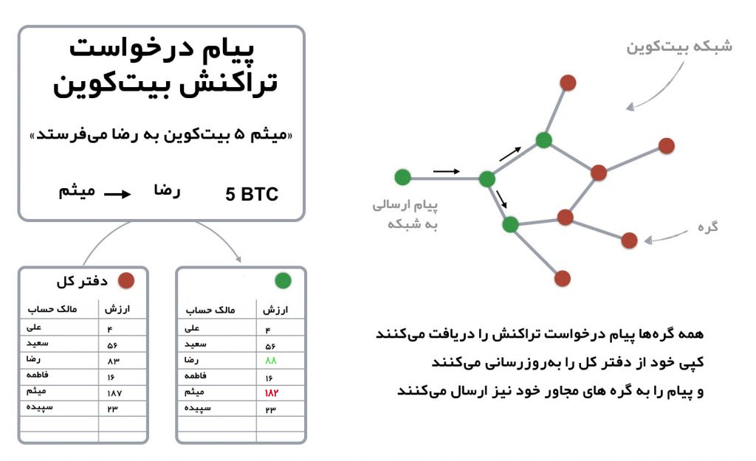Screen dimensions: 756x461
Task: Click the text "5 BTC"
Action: point(252,194)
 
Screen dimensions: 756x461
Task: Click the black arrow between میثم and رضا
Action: point(117,194)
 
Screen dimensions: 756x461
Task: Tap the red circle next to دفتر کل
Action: point(126,280)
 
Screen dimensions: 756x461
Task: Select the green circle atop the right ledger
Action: point(283,280)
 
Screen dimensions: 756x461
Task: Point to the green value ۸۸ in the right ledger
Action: point(270,361)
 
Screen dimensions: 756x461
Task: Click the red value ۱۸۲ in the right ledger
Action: point(272,393)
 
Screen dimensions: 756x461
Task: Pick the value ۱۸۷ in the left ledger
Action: point(114,393)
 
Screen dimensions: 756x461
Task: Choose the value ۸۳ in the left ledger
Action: point(113,361)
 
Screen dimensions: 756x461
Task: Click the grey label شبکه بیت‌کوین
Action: point(679,46)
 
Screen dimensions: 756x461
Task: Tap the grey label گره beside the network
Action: point(708,226)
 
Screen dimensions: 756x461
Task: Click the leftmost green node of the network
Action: point(402,177)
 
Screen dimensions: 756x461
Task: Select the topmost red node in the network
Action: point(568,83)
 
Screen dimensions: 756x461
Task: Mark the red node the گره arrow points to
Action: point(629,240)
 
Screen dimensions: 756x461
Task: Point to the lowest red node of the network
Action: point(562,278)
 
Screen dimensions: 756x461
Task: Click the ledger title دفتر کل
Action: point(82,281)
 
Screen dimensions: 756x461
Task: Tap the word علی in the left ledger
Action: point(34,327)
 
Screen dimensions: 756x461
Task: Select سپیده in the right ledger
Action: point(198,409)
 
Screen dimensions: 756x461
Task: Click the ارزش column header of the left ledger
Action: point(117,309)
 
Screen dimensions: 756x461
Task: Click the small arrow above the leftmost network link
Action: point(447,171)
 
